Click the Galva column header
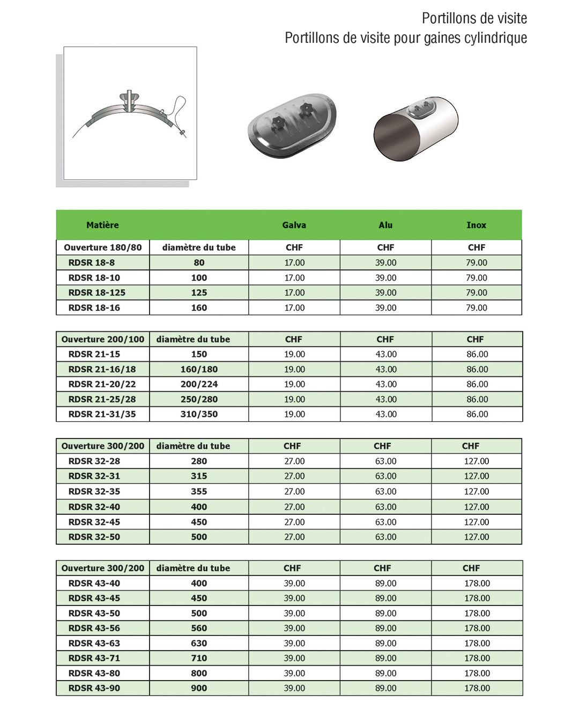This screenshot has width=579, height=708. tap(294, 225)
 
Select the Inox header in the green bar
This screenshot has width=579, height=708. tap(476, 225)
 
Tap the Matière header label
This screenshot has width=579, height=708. tap(102, 225)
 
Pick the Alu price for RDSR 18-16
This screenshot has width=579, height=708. tap(385, 308)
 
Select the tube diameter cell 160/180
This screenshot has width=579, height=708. tap(199, 369)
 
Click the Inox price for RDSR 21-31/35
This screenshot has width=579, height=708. tap(477, 414)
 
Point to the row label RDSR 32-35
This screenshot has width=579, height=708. tap(94, 491)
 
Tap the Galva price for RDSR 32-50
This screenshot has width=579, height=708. tap(294, 537)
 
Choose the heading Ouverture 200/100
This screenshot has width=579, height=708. tap(103, 339)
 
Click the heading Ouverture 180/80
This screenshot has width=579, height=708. tap(103, 247)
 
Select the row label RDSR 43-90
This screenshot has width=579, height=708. tap(94, 688)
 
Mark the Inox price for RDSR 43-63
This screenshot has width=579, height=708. tap(477, 643)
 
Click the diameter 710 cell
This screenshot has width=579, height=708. tap(199, 658)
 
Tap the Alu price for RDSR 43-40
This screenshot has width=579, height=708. tap(385, 583)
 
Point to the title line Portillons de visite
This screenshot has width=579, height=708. tap(474, 19)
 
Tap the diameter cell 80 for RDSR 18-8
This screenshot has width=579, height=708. tap(199, 262)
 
